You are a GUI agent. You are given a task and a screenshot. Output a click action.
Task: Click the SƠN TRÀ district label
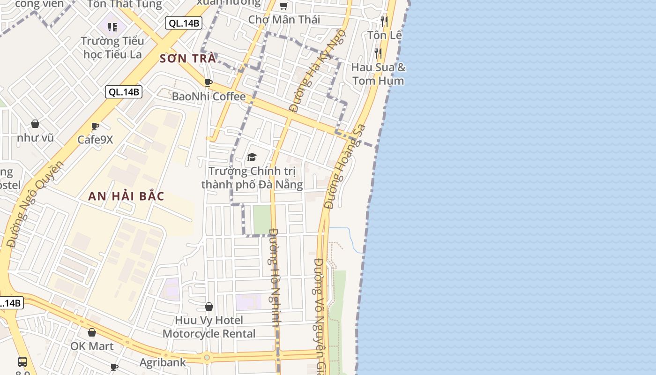(187, 59)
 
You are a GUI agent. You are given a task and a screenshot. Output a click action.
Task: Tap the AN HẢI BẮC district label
(126, 196)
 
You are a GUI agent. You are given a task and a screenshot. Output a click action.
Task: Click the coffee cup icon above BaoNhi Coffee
(209, 83)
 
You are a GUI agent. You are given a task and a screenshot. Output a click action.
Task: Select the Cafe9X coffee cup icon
(95, 126)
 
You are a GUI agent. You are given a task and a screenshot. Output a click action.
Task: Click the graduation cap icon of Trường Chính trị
(252, 157)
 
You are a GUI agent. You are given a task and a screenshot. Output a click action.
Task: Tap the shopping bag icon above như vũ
(35, 124)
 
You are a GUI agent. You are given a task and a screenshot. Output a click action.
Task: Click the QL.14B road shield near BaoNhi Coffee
(124, 92)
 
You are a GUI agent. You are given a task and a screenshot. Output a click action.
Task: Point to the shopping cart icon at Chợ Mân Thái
(283, 6)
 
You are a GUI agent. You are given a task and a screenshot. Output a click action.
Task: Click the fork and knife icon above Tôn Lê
(384, 21)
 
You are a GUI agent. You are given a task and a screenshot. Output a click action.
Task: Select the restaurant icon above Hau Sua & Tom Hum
(378, 53)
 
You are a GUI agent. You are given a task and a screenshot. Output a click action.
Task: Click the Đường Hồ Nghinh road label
(275, 277)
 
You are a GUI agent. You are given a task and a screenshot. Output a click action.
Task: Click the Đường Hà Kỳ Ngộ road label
(318, 71)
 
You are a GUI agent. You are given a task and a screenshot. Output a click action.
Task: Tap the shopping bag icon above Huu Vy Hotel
(209, 307)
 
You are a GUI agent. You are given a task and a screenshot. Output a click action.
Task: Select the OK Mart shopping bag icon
(92, 332)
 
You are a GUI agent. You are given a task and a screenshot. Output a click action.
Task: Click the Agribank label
(163, 362)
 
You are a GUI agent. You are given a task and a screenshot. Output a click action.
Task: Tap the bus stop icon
(22, 361)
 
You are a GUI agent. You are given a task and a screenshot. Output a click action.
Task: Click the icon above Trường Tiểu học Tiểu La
(112, 27)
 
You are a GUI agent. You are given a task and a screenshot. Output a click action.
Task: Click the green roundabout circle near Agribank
(207, 358)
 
